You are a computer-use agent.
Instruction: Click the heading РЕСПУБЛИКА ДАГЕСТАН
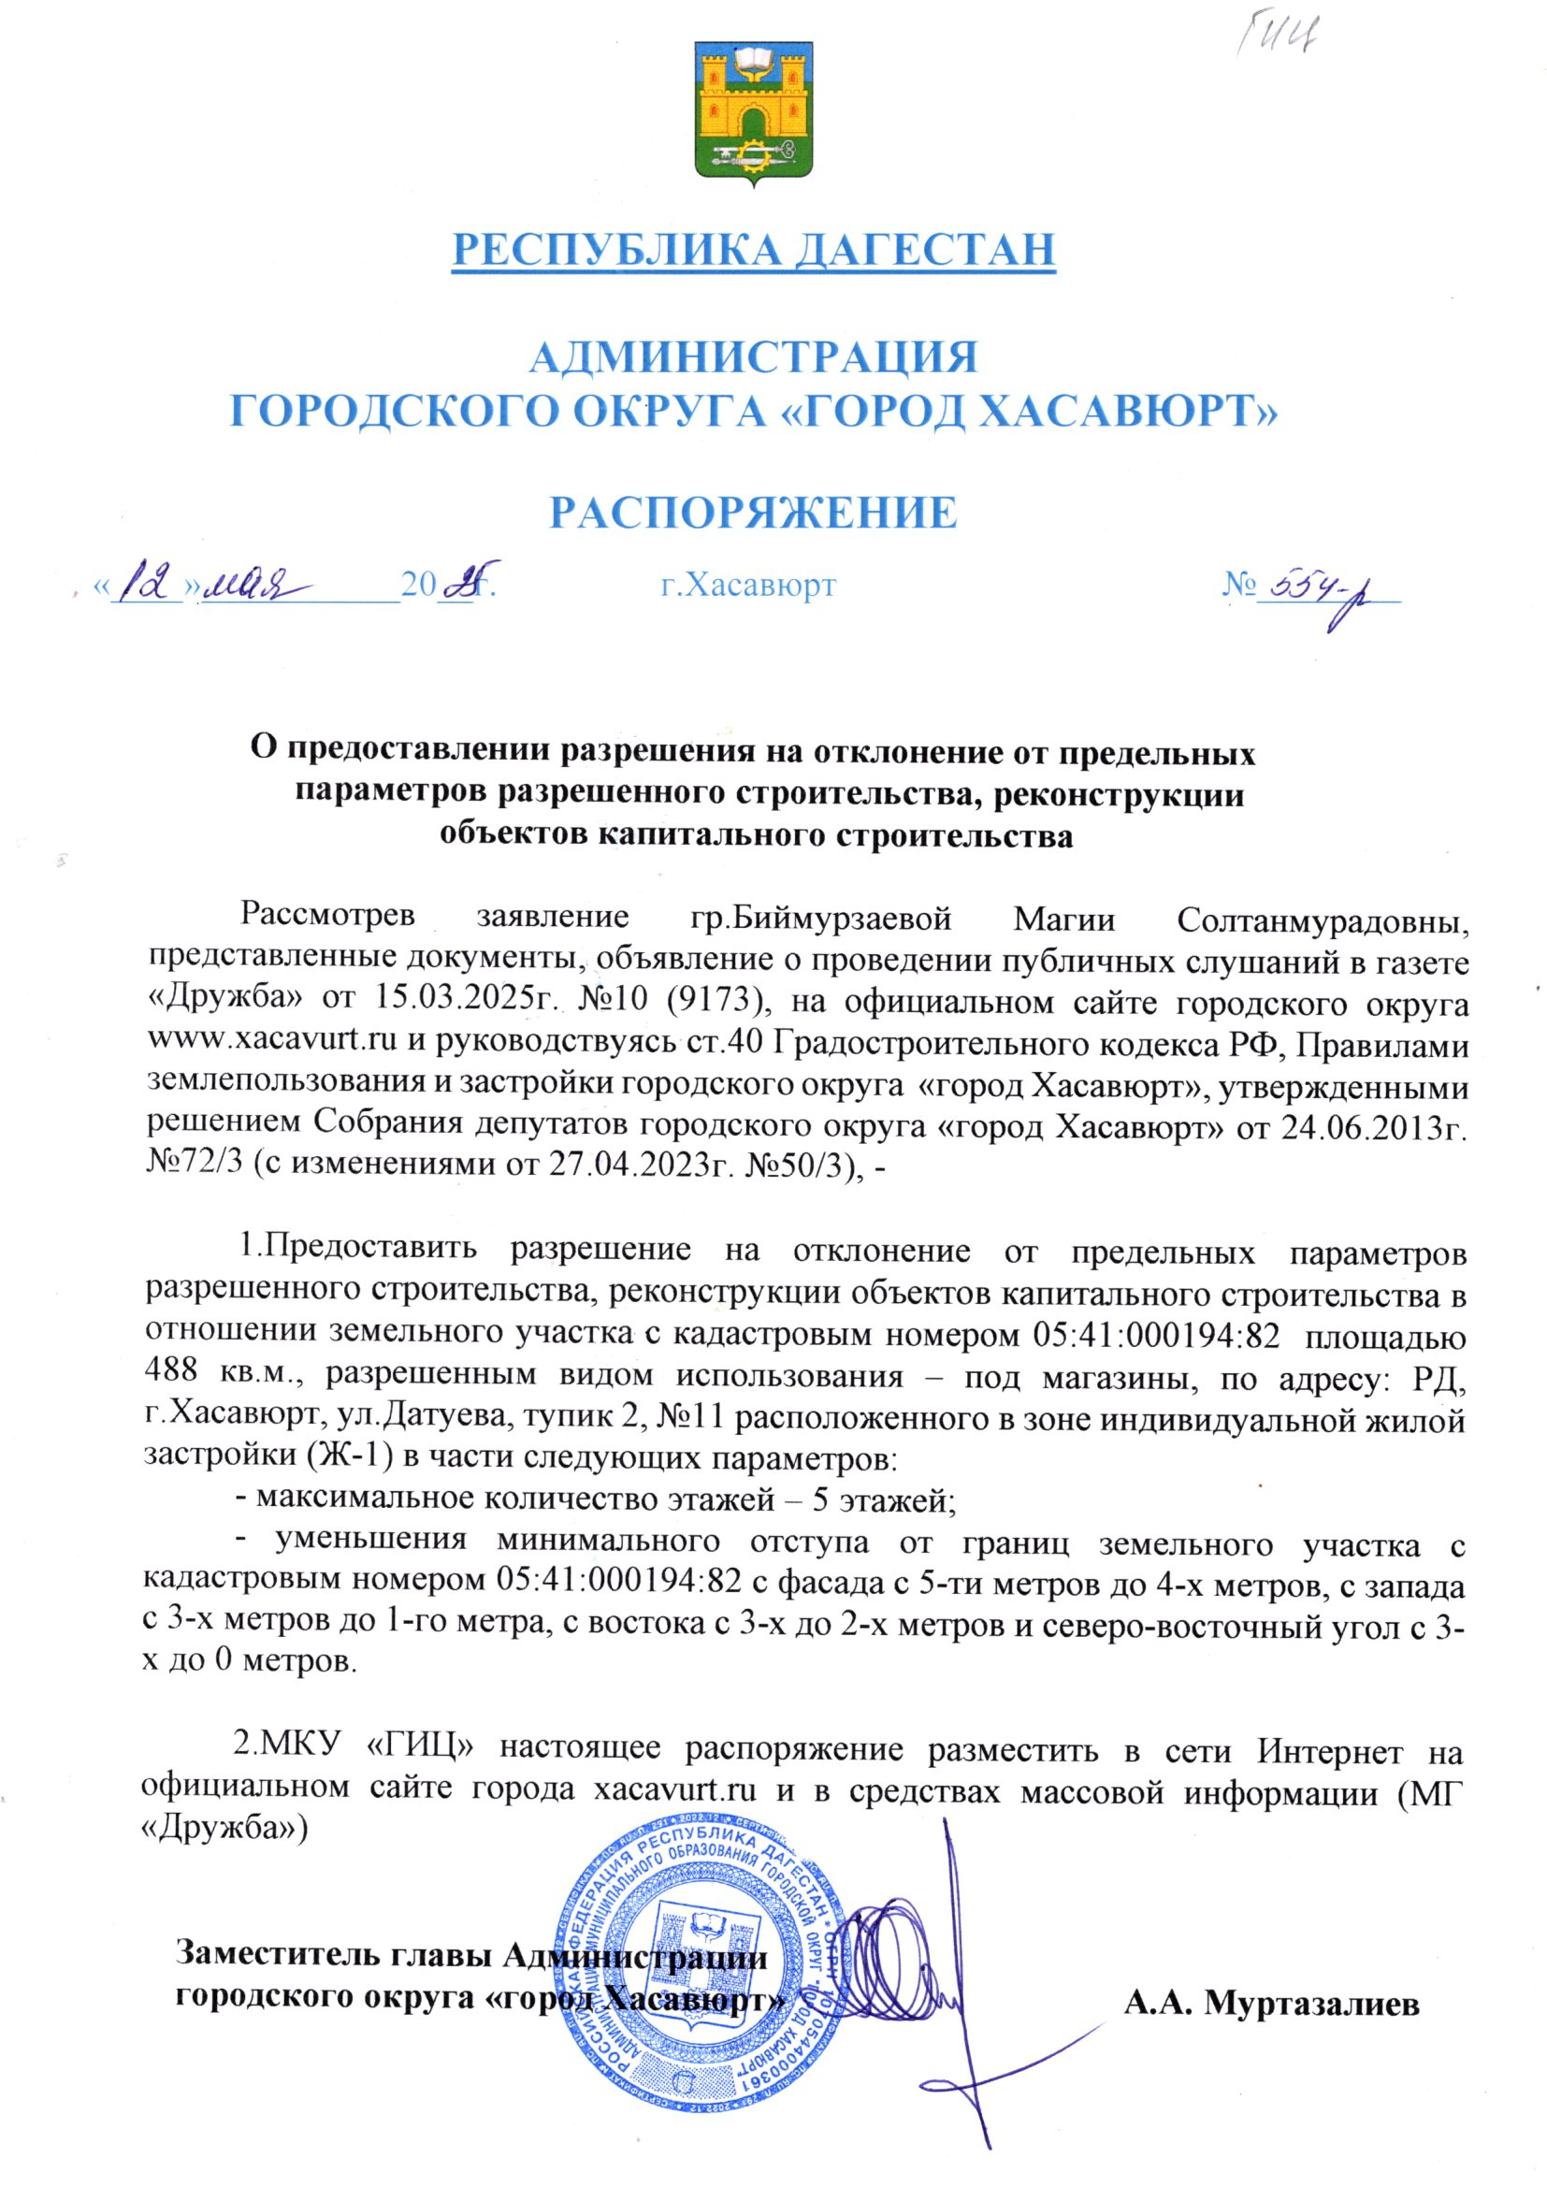[x=754, y=250]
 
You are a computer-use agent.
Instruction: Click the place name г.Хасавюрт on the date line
[x=749, y=585]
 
